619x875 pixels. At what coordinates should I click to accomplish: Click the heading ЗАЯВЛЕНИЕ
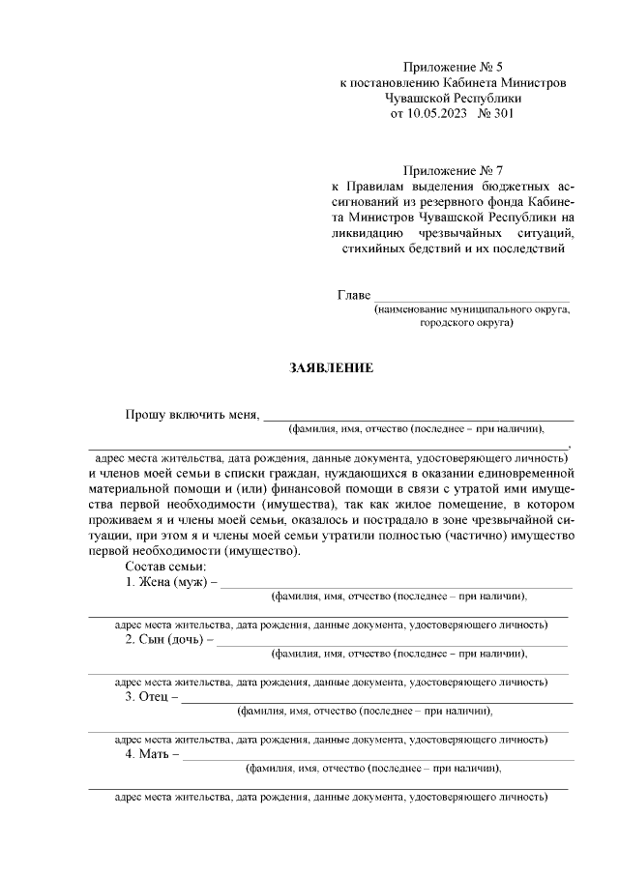tap(331, 367)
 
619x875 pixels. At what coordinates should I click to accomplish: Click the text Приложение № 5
tap(453, 67)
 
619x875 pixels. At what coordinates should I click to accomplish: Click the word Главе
tap(353, 294)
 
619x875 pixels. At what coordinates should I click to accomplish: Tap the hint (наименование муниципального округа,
tap(472, 309)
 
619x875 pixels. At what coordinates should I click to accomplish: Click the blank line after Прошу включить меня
tap(418, 418)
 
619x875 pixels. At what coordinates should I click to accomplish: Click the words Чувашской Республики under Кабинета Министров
tap(453, 98)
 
